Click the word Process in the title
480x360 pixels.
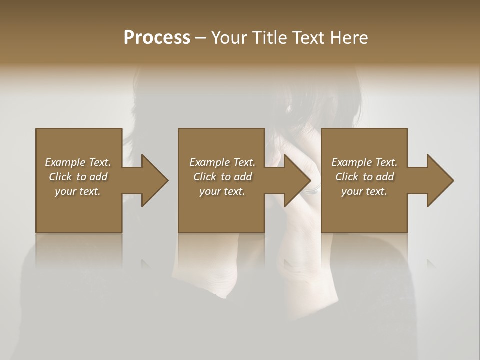click(x=157, y=38)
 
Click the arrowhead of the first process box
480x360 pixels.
click(x=154, y=180)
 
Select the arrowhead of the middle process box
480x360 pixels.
click(x=297, y=180)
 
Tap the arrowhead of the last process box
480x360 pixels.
click(x=440, y=180)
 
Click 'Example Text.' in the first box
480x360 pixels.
click(x=78, y=162)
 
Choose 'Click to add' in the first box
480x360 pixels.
click(x=78, y=177)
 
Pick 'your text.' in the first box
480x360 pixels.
click(x=78, y=191)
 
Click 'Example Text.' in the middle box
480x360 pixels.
click(x=222, y=162)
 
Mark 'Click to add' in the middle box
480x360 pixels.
click(x=222, y=177)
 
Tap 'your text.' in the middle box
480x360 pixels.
click(x=222, y=191)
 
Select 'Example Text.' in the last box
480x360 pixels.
click(x=364, y=162)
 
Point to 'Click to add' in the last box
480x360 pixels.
click(x=364, y=177)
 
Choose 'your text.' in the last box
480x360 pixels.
click(x=364, y=191)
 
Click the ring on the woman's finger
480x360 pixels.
click(x=314, y=190)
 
